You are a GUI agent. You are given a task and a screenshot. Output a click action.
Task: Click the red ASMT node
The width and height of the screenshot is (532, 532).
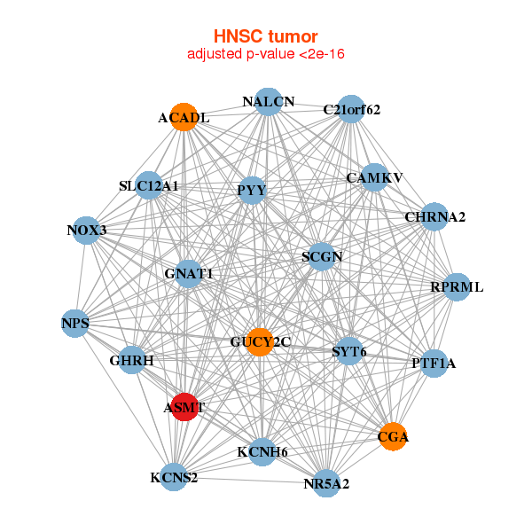pos(184,407)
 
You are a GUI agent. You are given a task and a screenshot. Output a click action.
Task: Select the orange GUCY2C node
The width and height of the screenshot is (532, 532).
pos(259,341)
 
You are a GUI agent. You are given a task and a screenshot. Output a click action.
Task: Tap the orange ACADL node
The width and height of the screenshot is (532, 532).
pos(184,117)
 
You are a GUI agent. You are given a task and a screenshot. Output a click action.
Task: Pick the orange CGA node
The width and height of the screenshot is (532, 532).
pos(393,436)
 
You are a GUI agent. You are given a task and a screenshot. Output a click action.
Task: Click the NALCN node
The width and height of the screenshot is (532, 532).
pos(268,101)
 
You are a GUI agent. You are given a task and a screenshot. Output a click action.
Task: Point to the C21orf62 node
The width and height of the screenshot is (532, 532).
pos(352,109)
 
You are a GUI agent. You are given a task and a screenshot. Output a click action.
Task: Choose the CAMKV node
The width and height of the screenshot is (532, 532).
pos(375,177)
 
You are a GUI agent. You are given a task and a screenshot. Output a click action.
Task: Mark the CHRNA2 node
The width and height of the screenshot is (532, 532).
pos(434,216)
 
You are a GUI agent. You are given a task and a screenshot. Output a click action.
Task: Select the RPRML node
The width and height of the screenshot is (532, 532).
pos(457,286)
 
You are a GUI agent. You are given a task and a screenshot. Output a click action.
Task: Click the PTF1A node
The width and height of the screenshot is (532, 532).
pos(434,363)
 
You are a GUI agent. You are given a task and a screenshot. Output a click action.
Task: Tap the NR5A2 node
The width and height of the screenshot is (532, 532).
pos(326,483)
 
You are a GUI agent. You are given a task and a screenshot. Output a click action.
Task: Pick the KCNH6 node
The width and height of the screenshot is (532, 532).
pos(262,452)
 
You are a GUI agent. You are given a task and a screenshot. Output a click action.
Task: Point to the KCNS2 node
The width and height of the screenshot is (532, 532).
pos(174,478)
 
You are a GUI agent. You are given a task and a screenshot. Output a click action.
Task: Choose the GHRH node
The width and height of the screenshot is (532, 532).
pos(132,361)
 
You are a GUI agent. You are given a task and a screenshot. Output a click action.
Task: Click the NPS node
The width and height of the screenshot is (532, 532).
pos(75,324)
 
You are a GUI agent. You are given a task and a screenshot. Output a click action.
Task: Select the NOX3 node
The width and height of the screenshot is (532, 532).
pos(85,231)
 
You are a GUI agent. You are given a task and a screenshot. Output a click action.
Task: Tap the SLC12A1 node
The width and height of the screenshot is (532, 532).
pos(149,185)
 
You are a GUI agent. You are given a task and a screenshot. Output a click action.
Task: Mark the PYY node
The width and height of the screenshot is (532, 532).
pos(252,190)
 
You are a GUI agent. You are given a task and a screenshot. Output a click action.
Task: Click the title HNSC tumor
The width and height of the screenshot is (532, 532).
pos(265,36)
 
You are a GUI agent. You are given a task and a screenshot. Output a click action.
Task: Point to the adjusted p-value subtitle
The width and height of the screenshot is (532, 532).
pos(265,54)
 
